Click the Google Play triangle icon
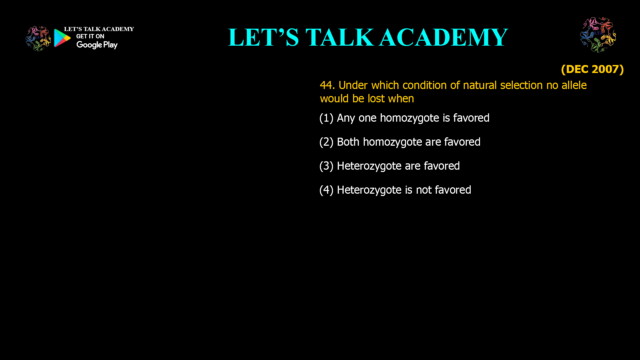62,38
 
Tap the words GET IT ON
90,36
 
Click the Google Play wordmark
97,45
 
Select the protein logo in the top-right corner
598,35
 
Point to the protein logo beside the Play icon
38,39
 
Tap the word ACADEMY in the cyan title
444,37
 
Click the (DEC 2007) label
592,69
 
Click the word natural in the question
480,85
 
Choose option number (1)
326,118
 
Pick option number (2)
326,142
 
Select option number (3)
326,166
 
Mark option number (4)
326,190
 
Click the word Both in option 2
348,142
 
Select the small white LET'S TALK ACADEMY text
99,29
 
